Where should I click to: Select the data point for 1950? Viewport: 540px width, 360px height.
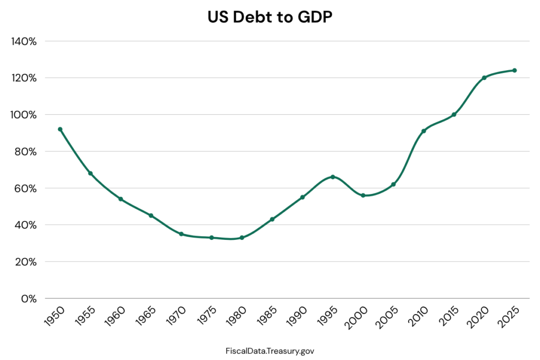pos(60,129)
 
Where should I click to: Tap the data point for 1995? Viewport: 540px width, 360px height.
pos(333,177)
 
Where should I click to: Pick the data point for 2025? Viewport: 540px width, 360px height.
pos(514,70)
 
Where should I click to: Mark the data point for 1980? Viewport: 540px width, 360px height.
pos(242,238)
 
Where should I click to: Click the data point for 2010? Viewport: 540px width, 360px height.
pos(423,131)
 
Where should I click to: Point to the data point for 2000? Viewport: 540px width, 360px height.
pos(363,195)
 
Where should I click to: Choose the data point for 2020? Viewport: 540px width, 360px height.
pos(484,77)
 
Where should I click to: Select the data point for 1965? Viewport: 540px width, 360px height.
pos(151,216)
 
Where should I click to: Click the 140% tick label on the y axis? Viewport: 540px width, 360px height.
pos(23,41)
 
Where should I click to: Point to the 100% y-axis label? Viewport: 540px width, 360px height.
pos(23,115)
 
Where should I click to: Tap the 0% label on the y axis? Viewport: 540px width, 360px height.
pos(27,299)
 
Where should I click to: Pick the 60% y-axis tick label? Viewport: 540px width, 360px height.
pos(24,188)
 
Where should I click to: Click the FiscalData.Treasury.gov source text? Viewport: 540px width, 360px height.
pos(269,350)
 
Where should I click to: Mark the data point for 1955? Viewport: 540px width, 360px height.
pos(90,173)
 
